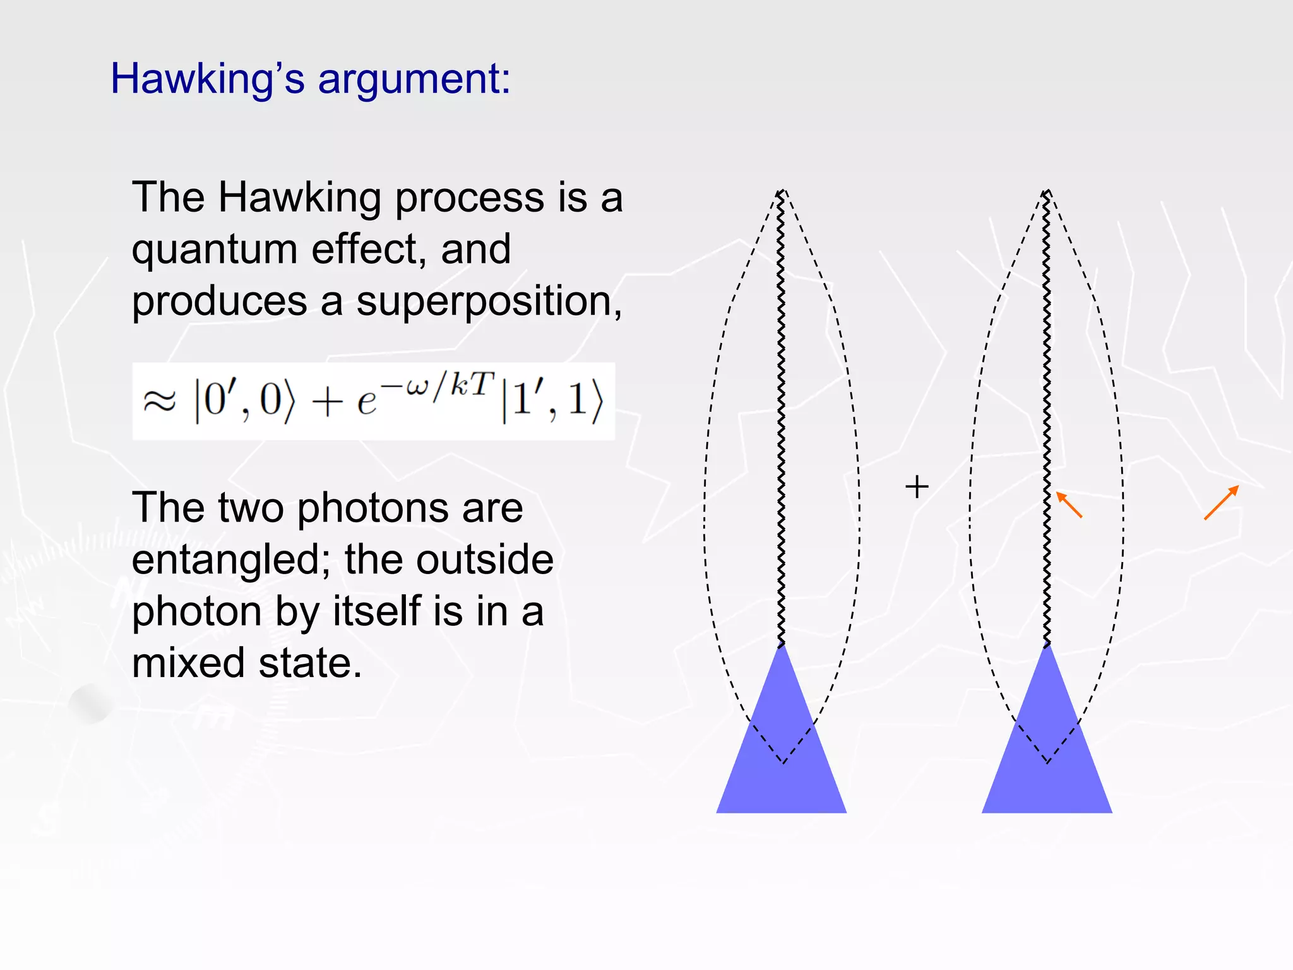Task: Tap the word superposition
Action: [489, 302]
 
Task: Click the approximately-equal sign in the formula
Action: [159, 401]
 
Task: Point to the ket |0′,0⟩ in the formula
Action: [244, 401]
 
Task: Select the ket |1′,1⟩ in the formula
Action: [552, 401]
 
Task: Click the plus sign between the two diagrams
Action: [917, 487]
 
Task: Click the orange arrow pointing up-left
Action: [1069, 505]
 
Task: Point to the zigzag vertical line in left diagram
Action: [781, 410]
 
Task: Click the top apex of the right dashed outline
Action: [1047, 191]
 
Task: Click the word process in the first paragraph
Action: [469, 198]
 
